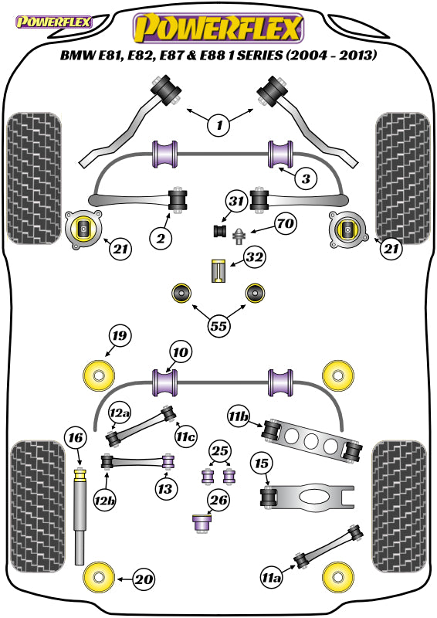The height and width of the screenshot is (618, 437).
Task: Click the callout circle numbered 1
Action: click(x=219, y=125)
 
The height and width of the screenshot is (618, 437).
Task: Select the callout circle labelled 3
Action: click(x=306, y=179)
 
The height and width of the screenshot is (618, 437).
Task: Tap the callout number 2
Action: click(x=161, y=238)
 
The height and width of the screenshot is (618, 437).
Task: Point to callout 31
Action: click(x=236, y=201)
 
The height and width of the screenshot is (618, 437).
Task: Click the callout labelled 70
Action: click(x=286, y=224)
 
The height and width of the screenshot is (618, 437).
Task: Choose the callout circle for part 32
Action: click(x=254, y=257)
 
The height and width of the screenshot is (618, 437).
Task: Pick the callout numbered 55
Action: click(x=218, y=326)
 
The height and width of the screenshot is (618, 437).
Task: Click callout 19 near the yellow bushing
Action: click(x=120, y=335)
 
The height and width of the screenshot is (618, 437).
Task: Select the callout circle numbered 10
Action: click(x=181, y=352)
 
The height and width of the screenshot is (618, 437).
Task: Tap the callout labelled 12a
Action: click(x=120, y=413)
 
